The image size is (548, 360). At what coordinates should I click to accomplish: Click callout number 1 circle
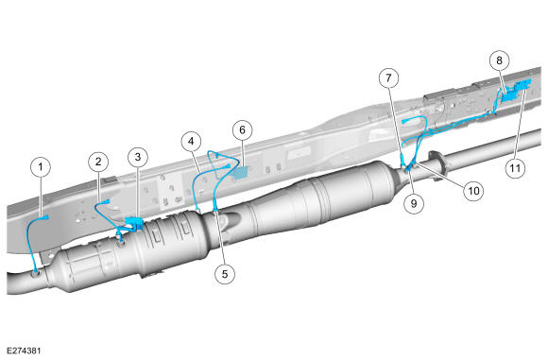[41, 167]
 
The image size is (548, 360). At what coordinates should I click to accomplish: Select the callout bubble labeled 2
[98, 162]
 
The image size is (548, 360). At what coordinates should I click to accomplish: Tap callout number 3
[138, 157]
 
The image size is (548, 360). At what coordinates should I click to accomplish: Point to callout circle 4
[191, 142]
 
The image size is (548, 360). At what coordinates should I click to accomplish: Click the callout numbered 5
[225, 274]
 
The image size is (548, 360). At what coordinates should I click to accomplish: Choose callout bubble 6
[243, 130]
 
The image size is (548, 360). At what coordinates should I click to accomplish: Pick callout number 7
[389, 77]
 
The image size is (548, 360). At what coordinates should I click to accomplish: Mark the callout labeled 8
[499, 60]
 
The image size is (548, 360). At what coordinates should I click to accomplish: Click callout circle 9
[414, 203]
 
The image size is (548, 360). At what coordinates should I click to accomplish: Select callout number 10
[473, 191]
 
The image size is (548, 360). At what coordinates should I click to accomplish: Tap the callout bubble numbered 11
[516, 168]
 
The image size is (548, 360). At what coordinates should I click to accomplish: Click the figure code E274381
[24, 351]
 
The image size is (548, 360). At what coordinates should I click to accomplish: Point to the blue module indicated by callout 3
[133, 223]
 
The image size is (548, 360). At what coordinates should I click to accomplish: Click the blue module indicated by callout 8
[515, 91]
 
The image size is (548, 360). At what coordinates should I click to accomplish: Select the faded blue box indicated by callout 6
[241, 173]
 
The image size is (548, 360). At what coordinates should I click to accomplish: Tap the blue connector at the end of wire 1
[44, 218]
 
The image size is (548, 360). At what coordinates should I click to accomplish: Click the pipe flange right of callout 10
[437, 165]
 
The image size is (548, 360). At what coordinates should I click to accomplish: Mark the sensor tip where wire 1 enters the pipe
[36, 270]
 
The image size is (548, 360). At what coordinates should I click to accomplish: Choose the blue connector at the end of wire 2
[107, 201]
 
